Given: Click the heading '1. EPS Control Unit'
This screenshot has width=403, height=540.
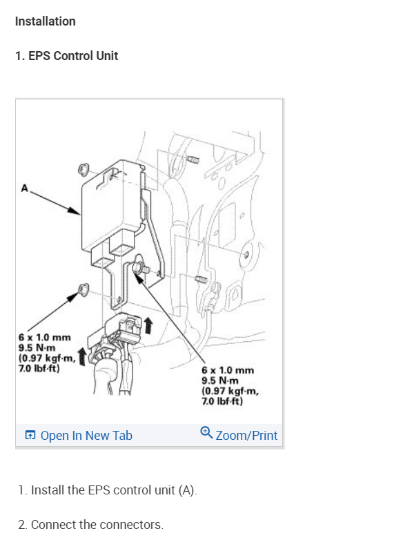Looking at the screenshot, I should [67, 56].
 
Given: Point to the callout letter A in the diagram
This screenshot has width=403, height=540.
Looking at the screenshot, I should [25, 186].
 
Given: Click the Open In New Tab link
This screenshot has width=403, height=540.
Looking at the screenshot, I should [86, 436].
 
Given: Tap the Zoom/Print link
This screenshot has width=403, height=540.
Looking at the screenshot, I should [246, 436].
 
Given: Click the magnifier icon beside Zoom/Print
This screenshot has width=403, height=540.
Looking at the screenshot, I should [206, 433].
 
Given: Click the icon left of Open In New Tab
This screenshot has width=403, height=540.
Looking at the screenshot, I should [30, 436].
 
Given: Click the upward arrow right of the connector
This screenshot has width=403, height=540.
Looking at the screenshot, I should [148, 323].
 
